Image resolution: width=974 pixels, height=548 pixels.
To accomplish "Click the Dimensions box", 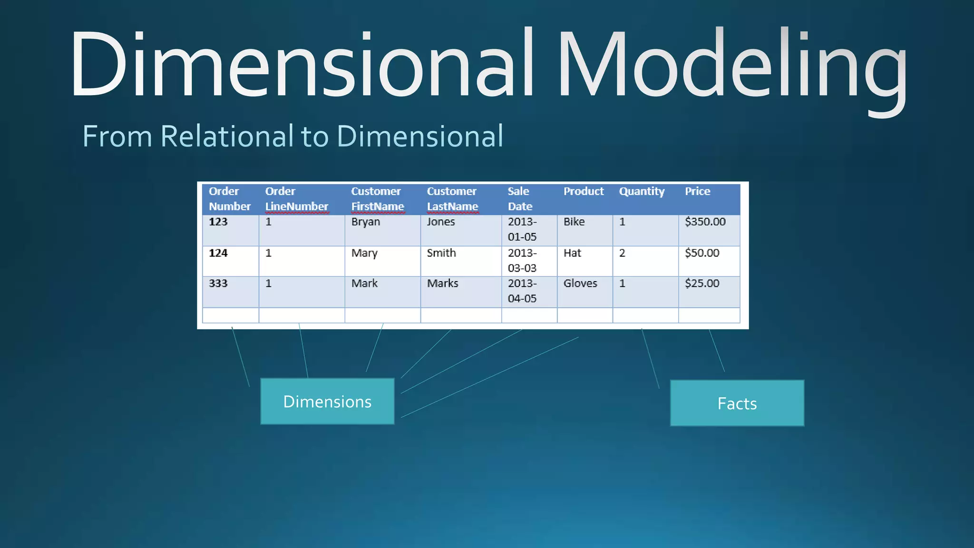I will tap(327, 401).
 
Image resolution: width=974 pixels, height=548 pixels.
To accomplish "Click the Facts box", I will tap(737, 403).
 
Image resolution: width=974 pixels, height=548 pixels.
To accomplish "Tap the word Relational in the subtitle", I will tap(227, 137).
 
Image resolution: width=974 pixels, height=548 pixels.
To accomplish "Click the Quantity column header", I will tap(642, 191).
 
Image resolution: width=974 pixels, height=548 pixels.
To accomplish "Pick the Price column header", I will tap(697, 191).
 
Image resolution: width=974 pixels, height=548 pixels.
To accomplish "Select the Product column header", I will tap(584, 191).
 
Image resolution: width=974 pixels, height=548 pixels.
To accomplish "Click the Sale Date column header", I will tap(520, 199).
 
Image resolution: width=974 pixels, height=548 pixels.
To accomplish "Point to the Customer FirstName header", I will tap(378, 199).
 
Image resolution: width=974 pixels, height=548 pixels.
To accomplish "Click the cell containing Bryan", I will tap(366, 222).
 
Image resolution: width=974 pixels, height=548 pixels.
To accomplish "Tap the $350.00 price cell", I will tap(705, 222).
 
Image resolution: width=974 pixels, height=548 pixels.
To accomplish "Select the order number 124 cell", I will tap(218, 253).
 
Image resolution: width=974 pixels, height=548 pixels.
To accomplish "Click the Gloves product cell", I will tap(580, 284).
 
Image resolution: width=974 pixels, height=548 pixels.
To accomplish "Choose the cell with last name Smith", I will tap(441, 253).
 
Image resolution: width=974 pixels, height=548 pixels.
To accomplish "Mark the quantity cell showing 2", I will tap(622, 253).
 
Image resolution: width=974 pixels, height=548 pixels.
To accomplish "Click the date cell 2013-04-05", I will tap(522, 291).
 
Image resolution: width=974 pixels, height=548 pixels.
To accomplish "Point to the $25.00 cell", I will tap(702, 284).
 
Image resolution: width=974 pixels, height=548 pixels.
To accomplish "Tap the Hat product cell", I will tap(573, 253).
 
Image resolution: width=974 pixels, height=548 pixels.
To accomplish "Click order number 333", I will tap(218, 284).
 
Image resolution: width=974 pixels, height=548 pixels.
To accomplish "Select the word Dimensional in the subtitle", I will tap(420, 137).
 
